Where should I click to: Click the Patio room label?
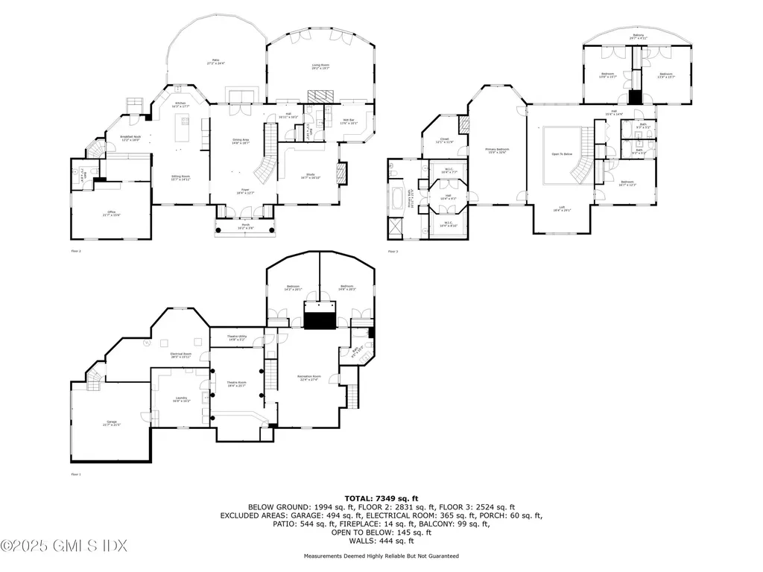(x=216, y=62)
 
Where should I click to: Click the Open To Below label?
(x=561, y=154)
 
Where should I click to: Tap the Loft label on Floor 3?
(x=563, y=209)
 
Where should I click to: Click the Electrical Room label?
(x=181, y=355)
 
